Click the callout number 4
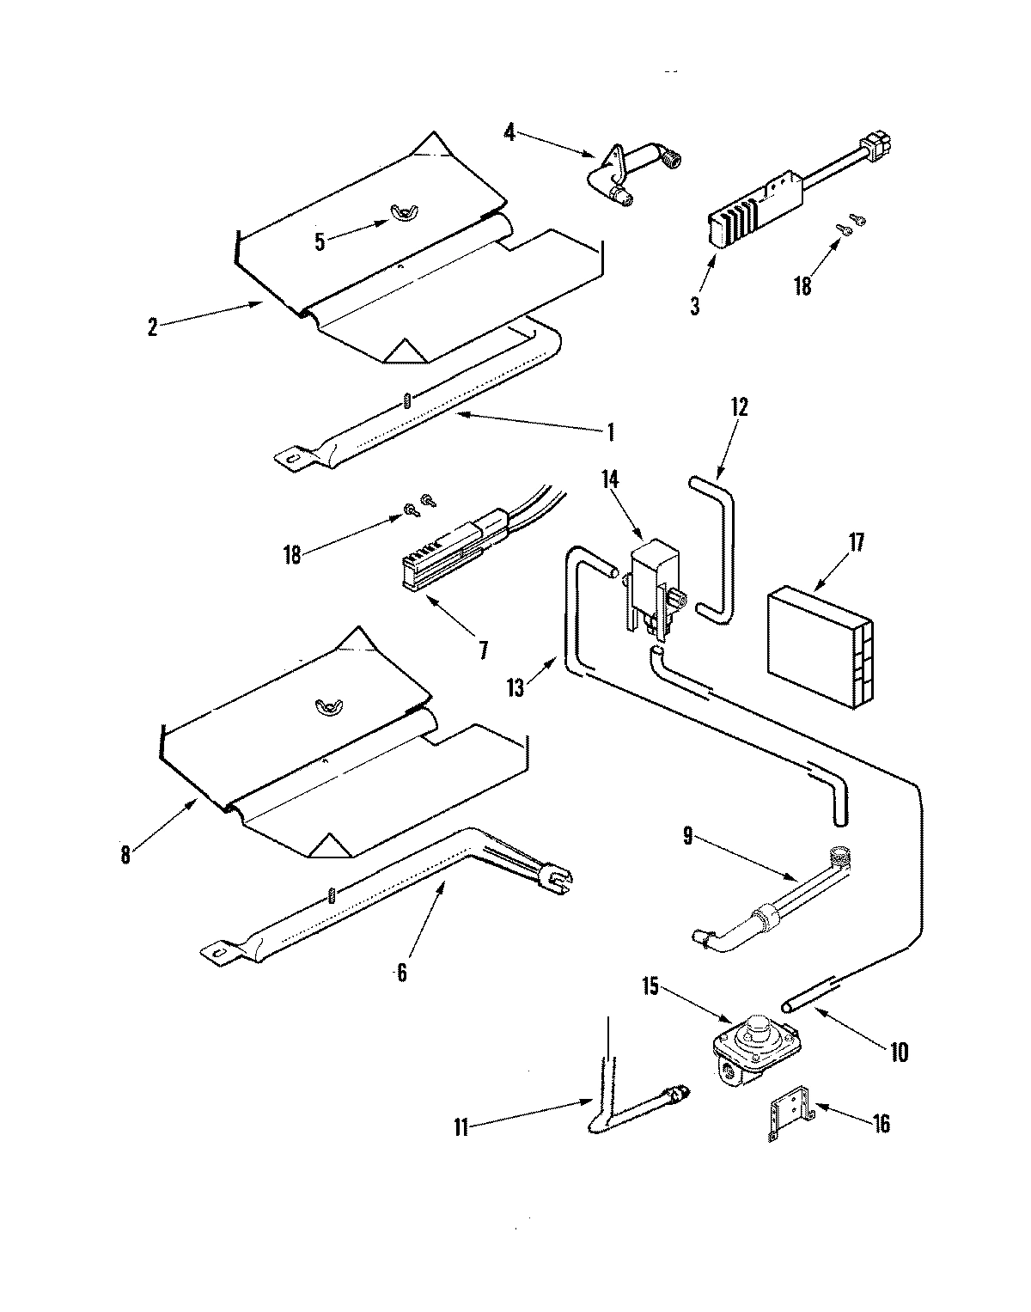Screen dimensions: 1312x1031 (x=509, y=133)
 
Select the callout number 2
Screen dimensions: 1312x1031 (x=152, y=327)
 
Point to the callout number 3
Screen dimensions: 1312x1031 (x=694, y=305)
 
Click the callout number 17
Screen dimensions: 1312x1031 (x=856, y=543)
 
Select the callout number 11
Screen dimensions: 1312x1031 (x=461, y=1128)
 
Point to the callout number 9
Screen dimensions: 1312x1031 (x=688, y=837)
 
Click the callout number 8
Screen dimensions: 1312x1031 (x=125, y=855)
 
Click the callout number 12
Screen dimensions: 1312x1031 (x=740, y=406)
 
